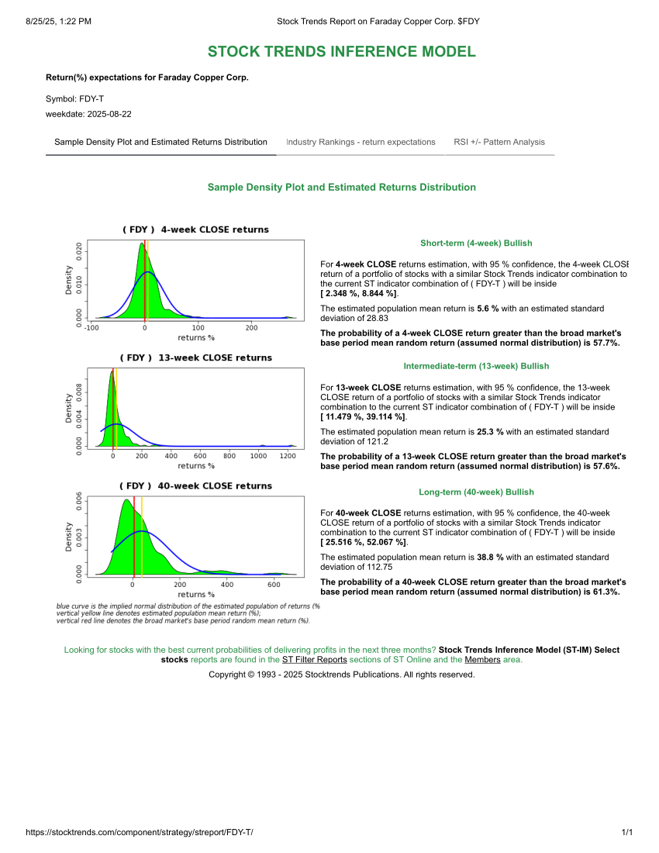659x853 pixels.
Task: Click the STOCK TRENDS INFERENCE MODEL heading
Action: tap(341, 52)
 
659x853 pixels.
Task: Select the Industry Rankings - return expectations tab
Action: tap(361, 142)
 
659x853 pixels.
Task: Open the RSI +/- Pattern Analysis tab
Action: tap(499, 142)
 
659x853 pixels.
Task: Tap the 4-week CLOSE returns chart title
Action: tap(195, 230)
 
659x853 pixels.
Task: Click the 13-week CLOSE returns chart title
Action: tap(195, 357)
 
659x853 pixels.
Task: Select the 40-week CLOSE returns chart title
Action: tap(195, 485)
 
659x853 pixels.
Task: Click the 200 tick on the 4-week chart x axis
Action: tap(251, 328)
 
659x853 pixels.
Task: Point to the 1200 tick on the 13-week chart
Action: tap(287, 456)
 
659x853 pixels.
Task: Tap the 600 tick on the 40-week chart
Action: tap(274, 585)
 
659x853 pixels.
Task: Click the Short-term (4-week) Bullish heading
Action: tap(476, 243)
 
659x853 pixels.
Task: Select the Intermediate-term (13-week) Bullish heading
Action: tap(476, 366)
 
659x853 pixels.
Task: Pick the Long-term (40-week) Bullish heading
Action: tap(476, 492)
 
